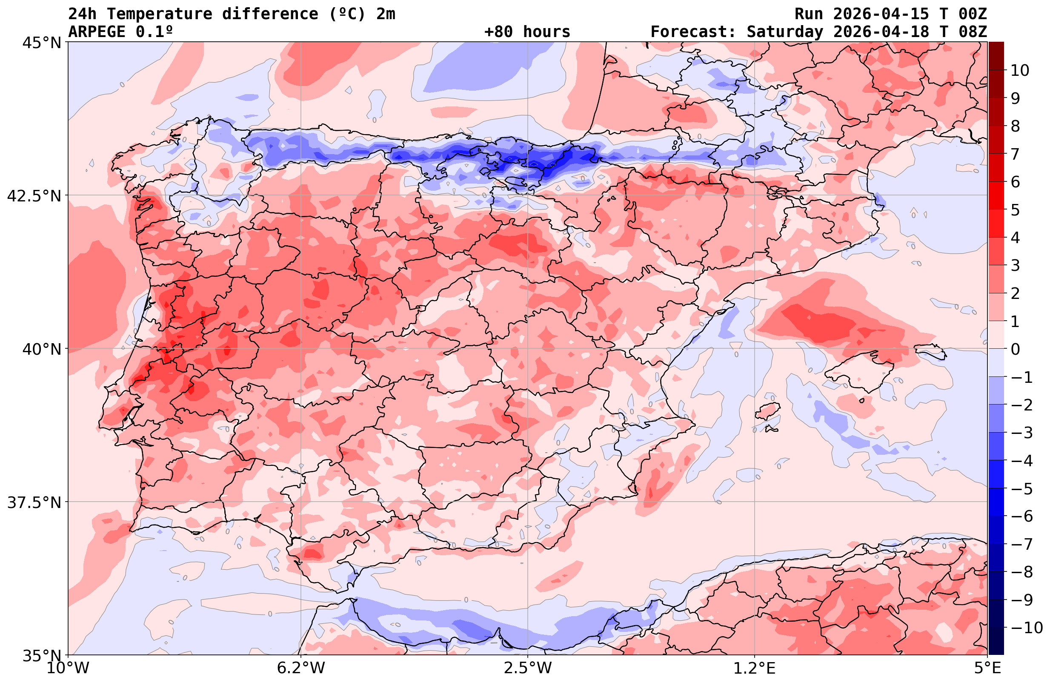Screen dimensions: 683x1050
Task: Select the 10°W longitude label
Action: [68, 668]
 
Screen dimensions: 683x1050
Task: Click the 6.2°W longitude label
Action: [301, 668]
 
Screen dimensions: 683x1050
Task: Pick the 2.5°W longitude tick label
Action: [528, 668]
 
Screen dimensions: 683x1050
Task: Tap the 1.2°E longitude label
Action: [755, 668]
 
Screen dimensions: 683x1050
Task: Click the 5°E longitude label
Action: [987, 668]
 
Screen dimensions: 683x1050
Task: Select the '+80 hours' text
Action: [527, 32]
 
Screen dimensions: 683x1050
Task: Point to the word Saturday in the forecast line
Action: [785, 32]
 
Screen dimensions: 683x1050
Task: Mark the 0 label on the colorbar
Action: [1015, 349]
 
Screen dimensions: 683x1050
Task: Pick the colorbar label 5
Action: [1015, 210]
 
